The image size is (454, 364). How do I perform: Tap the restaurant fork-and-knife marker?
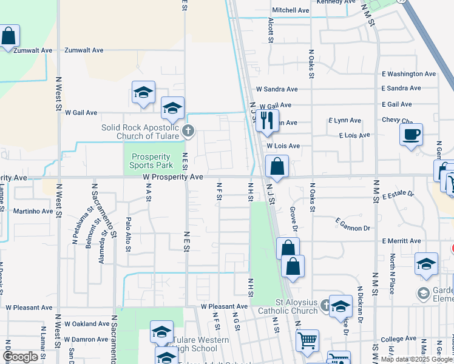tap(266, 121)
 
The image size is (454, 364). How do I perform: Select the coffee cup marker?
tap(412, 134)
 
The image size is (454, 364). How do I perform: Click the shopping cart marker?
tap(307, 340)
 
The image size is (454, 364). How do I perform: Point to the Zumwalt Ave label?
tap(84, 50)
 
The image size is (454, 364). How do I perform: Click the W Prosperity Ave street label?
tap(173, 177)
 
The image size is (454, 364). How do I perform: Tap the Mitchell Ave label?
tap(291, 10)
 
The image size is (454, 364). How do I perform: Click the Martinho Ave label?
tap(33, 211)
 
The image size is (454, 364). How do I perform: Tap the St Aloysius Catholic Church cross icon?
tap(325, 305)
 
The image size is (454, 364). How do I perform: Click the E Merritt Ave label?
tap(401, 241)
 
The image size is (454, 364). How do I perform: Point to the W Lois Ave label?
tap(282, 146)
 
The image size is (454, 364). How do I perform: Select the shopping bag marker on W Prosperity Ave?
tap(277, 166)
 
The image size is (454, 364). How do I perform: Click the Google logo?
tap(20, 357)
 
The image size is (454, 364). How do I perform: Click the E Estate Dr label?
tap(398, 195)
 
